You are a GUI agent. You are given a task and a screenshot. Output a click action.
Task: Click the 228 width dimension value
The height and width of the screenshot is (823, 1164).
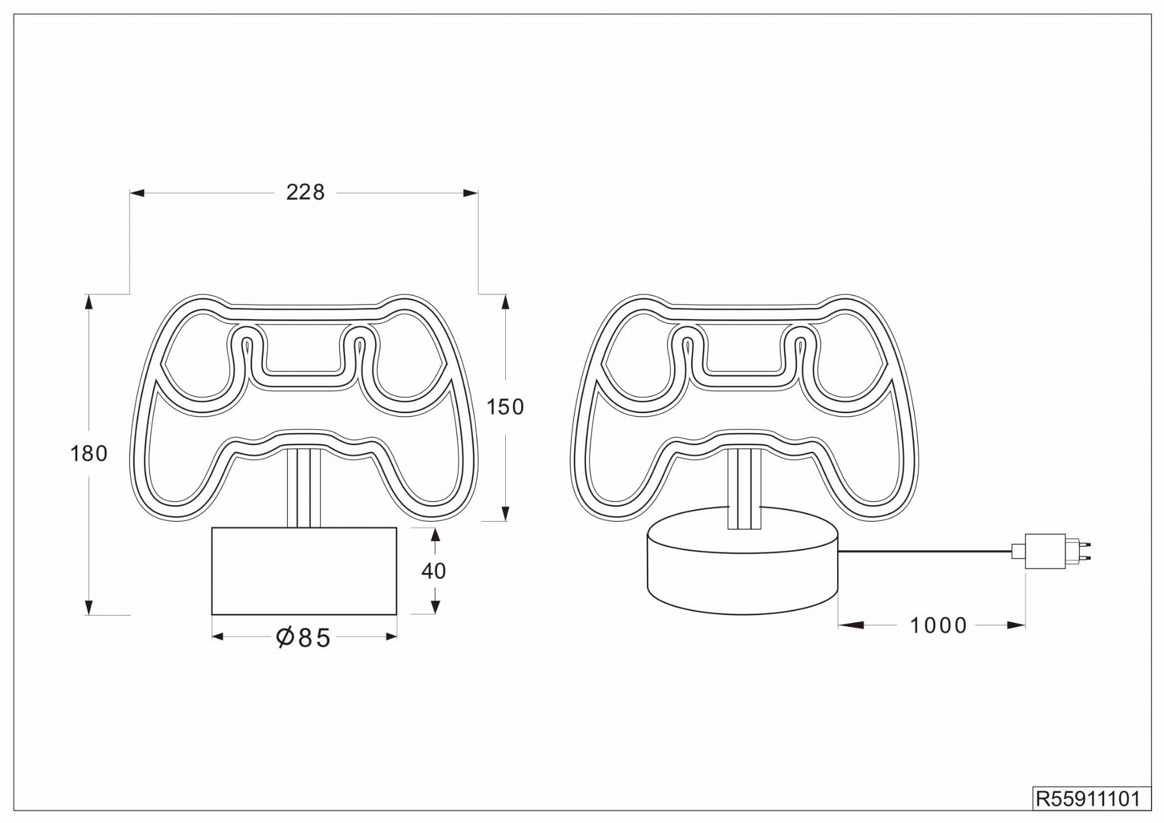(x=305, y=193)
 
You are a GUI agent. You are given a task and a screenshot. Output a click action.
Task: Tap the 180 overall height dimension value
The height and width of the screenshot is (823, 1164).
(x=89, y=454)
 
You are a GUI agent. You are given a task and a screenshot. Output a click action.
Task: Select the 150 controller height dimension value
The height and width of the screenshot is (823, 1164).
(x=505, y=407)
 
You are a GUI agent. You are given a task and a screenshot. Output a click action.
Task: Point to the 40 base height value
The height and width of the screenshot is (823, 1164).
(x=434, y=571)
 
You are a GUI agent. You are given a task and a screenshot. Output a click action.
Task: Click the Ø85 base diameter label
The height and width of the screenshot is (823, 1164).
(x=303, y=638)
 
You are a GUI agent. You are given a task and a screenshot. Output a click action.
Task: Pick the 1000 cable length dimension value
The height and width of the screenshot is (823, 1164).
(x=938, y=626)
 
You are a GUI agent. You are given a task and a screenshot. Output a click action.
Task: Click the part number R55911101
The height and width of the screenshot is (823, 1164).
(x=1088, y=799)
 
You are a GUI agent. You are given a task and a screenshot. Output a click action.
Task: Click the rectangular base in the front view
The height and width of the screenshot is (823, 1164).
(x=304, y=571)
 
